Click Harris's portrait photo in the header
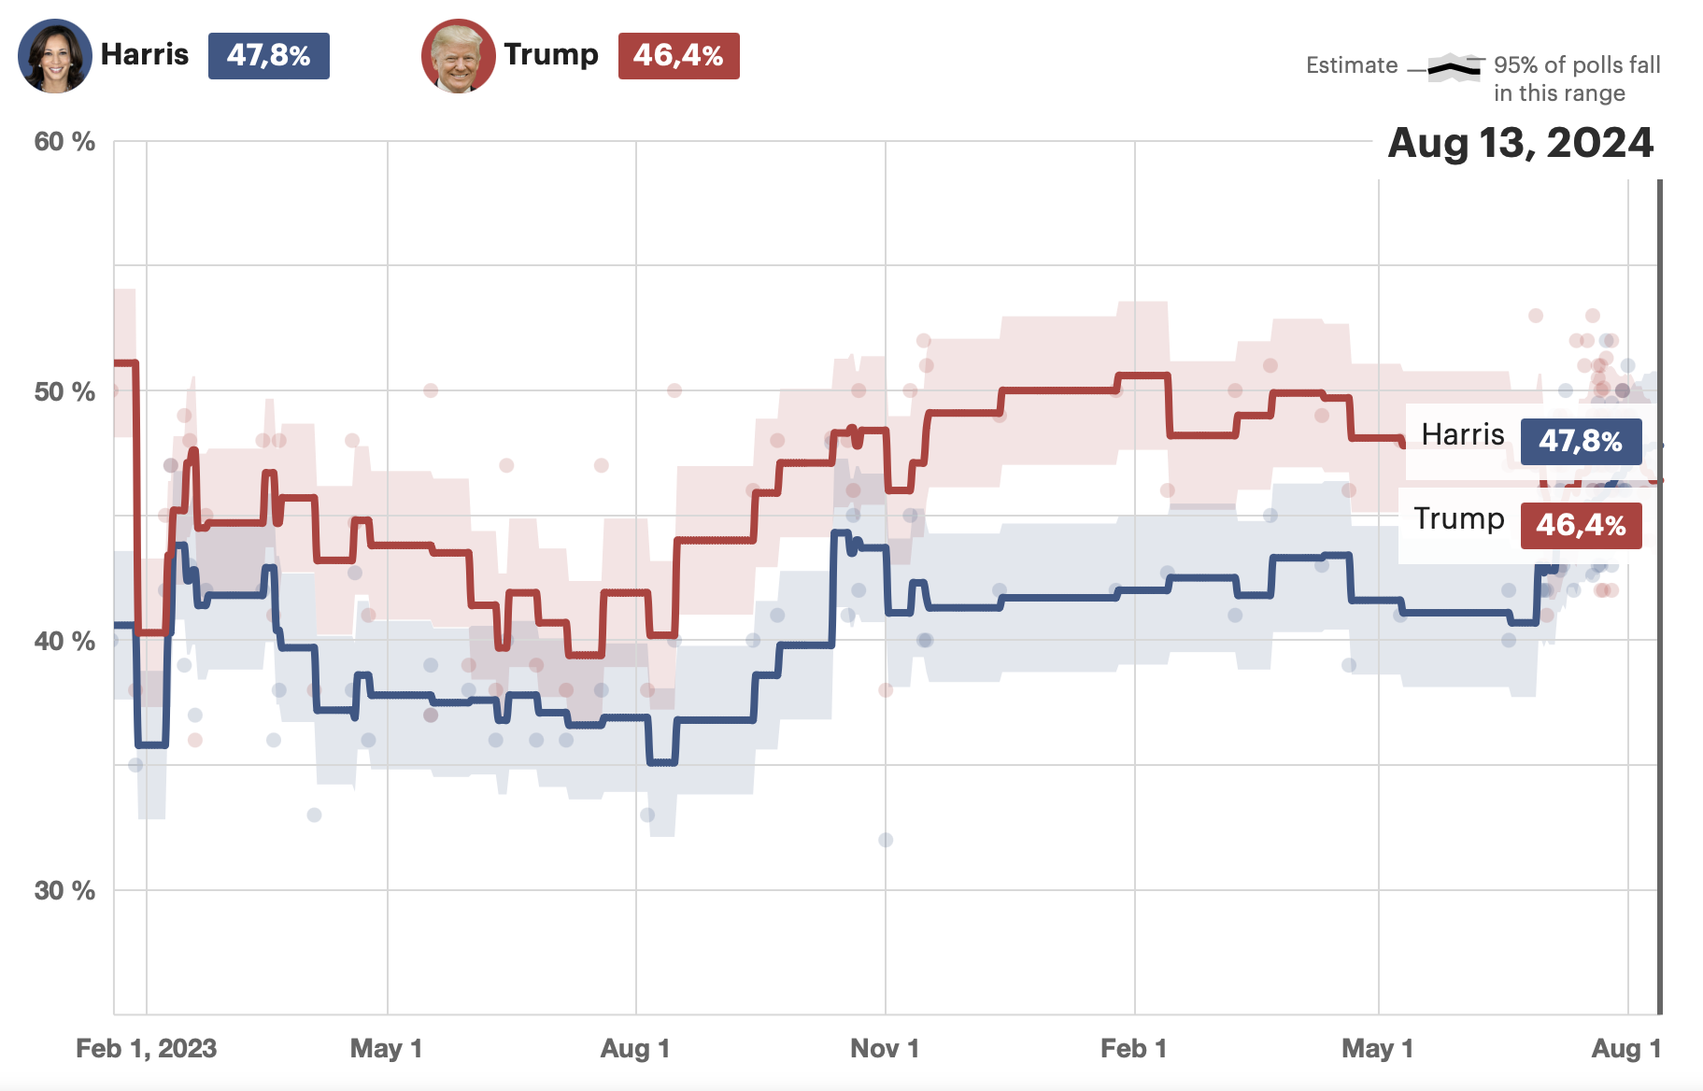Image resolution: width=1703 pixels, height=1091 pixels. tap(54, 56)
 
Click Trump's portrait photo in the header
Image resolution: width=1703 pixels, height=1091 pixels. tap(458, 56)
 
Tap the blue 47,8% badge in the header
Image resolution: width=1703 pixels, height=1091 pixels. tap(268, 56)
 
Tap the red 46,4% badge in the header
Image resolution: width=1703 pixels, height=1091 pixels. tap(678, 56)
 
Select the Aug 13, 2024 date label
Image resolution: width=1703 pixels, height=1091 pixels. tap(1520, 143)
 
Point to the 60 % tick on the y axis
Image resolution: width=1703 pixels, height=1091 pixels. tap(64, 142)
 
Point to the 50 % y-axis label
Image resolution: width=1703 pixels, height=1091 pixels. tap(64, 391)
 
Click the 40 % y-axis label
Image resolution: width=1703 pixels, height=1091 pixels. tap(64, 641)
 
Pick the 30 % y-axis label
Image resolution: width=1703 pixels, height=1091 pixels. tap(64, 890)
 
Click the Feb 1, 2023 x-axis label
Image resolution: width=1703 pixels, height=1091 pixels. tap(146, 1048)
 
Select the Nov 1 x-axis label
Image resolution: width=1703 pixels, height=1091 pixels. tap(884, 1048)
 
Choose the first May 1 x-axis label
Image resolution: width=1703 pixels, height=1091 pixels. tap(386, 1048)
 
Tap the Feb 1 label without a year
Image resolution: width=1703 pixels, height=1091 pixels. tap(1133, 1048)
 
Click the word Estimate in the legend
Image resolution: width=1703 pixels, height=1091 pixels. tap(1351, 65)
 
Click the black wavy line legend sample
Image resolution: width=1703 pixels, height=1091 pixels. tap(1455, 67)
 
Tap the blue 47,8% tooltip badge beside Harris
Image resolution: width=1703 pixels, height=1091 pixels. tap(1581, 441)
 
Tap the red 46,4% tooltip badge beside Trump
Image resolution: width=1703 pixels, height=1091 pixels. tap(1581, 525)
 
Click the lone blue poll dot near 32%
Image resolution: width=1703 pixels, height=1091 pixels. tap(886, 840)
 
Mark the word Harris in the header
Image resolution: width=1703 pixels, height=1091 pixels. tap(145, 54)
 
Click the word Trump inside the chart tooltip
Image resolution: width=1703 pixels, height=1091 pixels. tap(1458, 518)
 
